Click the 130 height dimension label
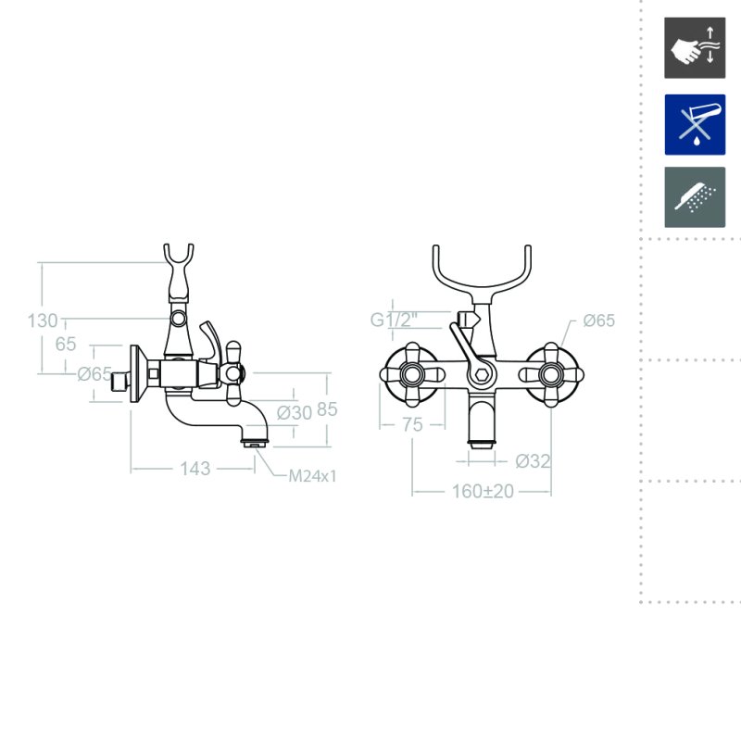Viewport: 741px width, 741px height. pyautogui.click(x=43, y=320)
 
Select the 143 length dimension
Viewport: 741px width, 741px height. pyautogui.click(x=195, y=469)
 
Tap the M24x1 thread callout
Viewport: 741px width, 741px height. pyautogui.click(x=312, y=476)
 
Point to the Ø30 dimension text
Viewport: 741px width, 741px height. pyautogui.click(x=294, y=412)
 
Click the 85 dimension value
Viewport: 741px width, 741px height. pyautogui.click(x=327, y=409)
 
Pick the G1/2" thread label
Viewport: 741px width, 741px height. pyautogui.click(x=394, y=320)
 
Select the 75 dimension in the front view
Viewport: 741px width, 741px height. pyautogui.click(x=412, y=424)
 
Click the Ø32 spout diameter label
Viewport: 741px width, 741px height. pyautogui.click(x=533, y=460)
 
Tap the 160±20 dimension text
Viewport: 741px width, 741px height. pyautogui.click(x=483, y=491)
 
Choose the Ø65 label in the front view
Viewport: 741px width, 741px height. pyautogui.click(x=598, y=320)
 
